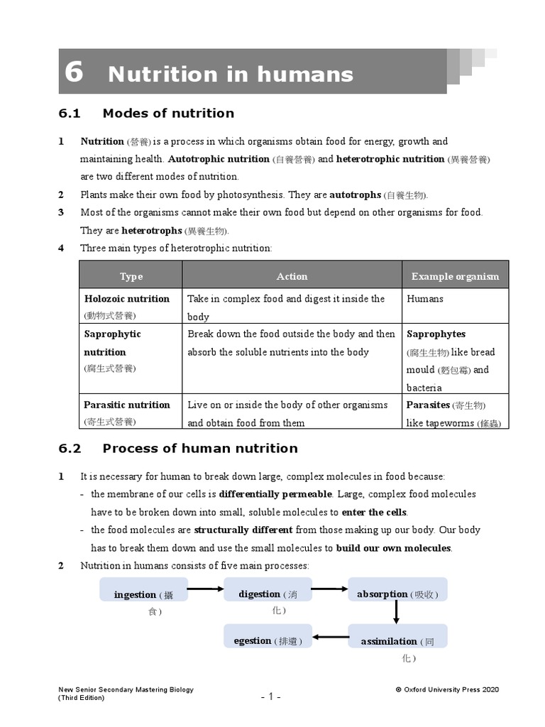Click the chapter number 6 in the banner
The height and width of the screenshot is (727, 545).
(x=74, y=72)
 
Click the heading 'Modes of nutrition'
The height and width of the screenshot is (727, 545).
(x=168, y=113)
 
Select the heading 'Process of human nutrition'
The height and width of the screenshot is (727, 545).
(x=200, y=448)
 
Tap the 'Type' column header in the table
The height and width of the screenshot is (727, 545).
(x=131, y=276)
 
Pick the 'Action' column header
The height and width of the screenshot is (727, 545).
(x=292, y=276)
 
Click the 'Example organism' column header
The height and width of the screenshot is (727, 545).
(x=455, y=276)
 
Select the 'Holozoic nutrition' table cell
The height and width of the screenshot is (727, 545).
(x=127, y=299)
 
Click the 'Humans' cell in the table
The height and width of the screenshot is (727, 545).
(x=425, y=299)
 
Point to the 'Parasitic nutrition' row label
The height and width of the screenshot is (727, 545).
(x=127, y=405)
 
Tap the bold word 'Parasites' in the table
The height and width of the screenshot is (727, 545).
(x=428, y=405)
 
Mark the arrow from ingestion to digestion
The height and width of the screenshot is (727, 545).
(x=207, y=589)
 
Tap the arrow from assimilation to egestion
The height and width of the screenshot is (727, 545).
(x=331, y=636)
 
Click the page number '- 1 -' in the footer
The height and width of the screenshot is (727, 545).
(x=270, y=696)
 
